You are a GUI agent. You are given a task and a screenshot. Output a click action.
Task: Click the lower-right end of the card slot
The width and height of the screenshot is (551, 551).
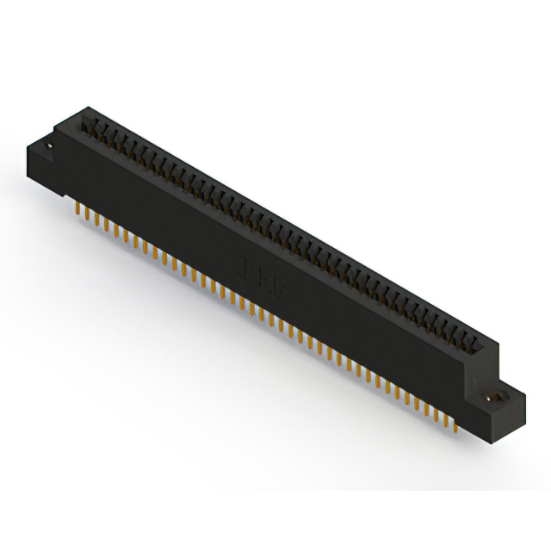(x=482, y=344)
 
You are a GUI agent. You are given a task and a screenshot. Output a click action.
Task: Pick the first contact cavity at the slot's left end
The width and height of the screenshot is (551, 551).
(x=92, y=128)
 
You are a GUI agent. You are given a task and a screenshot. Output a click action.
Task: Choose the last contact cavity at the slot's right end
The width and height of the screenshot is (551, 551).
(x=474, y=341)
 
